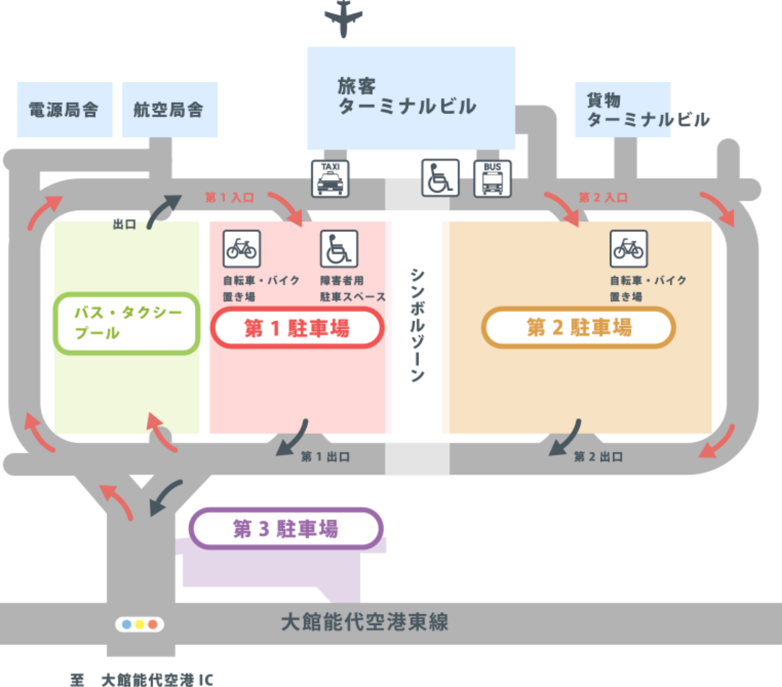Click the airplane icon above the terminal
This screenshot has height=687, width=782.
[344, 18]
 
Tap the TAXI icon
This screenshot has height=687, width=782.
[330, 179]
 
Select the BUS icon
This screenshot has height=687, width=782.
[492, 178]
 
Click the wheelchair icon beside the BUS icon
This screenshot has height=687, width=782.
[440, 178]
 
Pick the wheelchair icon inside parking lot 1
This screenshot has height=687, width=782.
[339, 249]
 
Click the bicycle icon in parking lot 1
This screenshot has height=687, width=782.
[241, 249]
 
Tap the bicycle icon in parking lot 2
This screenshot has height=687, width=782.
[628, 249]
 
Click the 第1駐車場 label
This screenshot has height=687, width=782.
[297, 328]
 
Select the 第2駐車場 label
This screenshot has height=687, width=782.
[579, 327]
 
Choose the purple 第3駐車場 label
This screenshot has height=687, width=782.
[286, 528]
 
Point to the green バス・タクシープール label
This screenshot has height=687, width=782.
[127, 323]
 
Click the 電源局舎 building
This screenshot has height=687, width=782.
[64, 110]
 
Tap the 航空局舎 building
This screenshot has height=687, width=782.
[169, 110]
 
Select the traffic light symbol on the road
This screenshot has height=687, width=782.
[139, 624]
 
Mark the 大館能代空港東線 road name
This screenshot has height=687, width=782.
[364, 622]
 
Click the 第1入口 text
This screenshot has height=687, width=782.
[230, 197]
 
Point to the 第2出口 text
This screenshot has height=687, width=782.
[598, 457]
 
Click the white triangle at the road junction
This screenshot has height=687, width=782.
[141, 481]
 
